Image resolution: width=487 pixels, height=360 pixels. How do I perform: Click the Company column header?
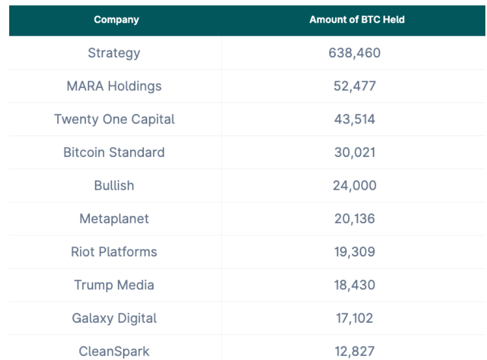(116, 20)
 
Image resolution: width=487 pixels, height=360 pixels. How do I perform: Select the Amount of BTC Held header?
(357, 20)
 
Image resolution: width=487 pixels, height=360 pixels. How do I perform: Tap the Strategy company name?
(114, 53)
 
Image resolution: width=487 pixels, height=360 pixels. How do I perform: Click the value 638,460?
(355, 53)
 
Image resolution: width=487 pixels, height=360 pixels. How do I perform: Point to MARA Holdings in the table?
(114, 86)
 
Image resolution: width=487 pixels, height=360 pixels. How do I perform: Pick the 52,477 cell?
(355, 86)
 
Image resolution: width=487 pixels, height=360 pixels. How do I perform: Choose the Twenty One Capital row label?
(114, 119)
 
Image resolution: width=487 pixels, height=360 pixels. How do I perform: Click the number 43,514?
(355, 119)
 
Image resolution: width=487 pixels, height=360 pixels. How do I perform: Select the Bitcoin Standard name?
(114, 152)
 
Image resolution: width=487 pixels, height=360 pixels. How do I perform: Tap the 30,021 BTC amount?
(355, 152)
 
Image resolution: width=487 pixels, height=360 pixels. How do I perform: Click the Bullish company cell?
(114, 185)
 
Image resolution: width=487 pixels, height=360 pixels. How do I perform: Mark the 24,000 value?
(355, 185)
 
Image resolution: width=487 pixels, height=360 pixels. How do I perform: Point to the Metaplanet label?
(114, 219)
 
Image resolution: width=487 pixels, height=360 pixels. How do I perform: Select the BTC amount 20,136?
(355, 219)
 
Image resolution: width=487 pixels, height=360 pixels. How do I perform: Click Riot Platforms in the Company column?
(114, 252)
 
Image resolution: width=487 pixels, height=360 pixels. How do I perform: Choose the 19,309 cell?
(355, 252)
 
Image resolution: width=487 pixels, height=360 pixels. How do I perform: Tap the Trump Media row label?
(114, 285)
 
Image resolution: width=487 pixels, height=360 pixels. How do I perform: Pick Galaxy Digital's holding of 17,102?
(355, 318)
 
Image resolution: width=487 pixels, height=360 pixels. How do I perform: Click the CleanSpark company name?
(114, 351)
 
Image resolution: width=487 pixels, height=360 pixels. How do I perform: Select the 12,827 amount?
(355, 351)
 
